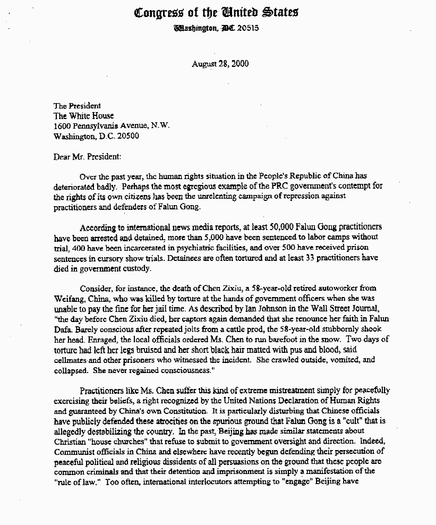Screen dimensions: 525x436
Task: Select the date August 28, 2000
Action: [x=220, y=64]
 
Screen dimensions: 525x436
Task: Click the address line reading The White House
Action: [x=83, y=116]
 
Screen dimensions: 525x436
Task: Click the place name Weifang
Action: [x=67, y=299]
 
